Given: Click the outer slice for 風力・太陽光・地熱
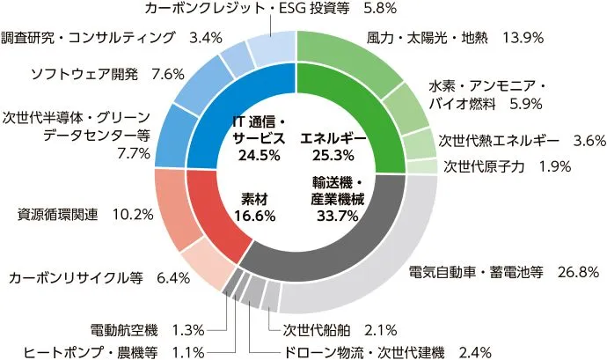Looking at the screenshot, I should tap(352, 57).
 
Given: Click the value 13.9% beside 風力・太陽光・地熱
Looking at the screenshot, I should tap(523, 39).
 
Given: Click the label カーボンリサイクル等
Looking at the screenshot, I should tap(76, 278).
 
